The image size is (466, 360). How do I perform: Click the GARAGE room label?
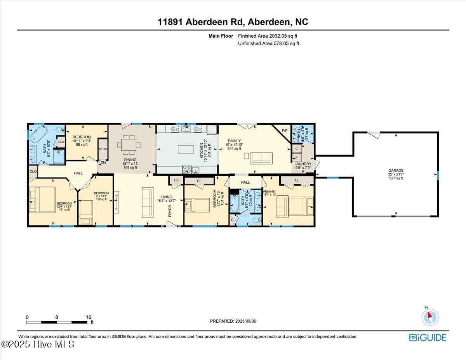click(x=396, y=170)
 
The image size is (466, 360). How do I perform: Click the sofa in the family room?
click(x=261, y=158)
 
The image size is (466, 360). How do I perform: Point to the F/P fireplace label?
click(x=284, y=130)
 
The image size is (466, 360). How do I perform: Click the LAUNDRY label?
click(x=303, y=164)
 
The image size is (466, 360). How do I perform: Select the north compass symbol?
click(x=429, y=317)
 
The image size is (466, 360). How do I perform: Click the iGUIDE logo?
click(x=428, y=337)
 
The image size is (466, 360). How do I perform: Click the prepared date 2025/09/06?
click(x=233, y=321)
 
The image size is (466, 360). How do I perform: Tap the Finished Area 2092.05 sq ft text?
click(x=268, y=36)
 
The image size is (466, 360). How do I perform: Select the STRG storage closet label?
click(x=103, y=149)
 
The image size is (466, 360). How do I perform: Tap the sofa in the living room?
click(x=147, y=202)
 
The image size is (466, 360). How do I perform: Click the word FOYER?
click(x=170, y=210)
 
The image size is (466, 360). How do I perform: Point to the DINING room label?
click(x=130, y=160)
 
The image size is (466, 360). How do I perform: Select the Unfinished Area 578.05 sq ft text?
click(x=268, y=43)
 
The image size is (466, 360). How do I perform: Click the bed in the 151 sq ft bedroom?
click(x=43, y=200)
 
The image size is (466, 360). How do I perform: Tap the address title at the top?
click(x=233, y=22)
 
